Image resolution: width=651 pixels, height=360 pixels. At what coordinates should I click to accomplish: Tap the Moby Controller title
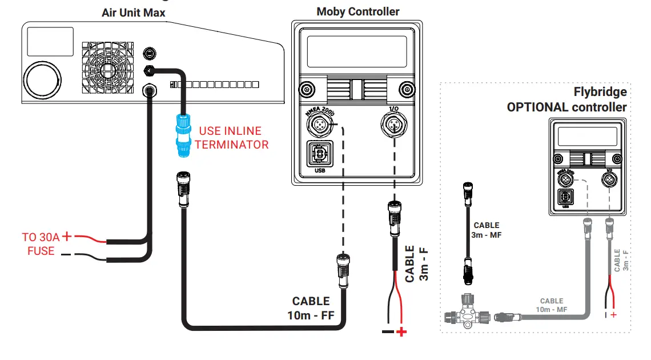[x=358, y=11]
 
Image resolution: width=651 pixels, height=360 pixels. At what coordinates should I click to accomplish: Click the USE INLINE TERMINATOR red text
[x=231, y=138]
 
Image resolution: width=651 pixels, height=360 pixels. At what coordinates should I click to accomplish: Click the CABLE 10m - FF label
[x=311, y=307]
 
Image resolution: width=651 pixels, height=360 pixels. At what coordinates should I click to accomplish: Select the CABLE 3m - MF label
[x=487, y=230]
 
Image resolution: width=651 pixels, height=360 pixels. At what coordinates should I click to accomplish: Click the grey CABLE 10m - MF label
[x=552, y=305]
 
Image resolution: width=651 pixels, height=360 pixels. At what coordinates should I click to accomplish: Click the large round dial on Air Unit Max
[x=42, y=78]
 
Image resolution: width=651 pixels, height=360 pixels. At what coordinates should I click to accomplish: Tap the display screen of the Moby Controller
[x=357, y=51]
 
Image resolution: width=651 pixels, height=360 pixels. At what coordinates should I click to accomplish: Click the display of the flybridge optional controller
[x=587, y=136]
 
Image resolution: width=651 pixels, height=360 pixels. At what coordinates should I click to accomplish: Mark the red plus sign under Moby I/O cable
[x=401, y=332]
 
